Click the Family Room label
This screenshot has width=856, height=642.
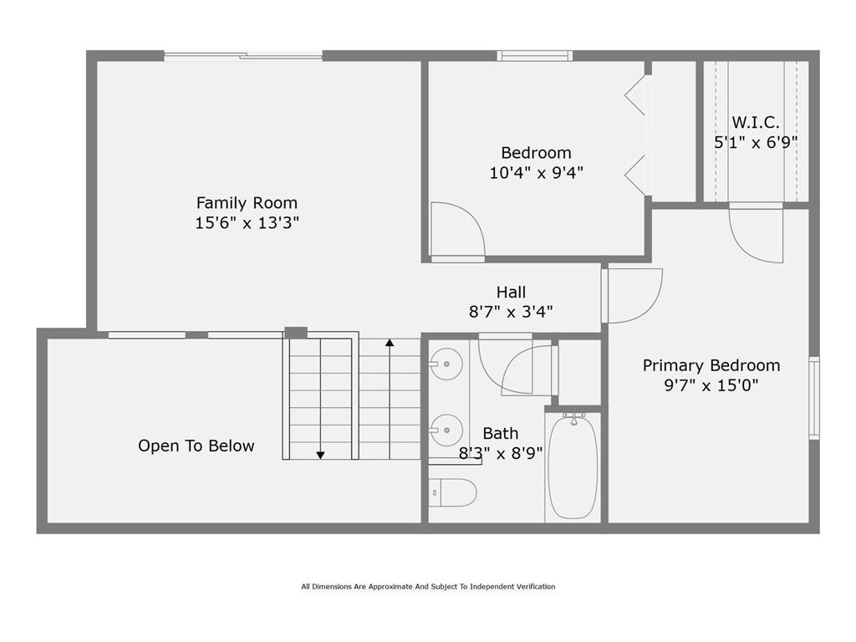pyautogui.click(x=247, y=203)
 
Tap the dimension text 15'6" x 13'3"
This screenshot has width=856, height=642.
pyautogui.click(x=247, y=222)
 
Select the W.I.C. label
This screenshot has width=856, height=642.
pyautogui.click(x=756, y=122)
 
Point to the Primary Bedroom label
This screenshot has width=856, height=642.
pyautogui.click(x=711, y=366)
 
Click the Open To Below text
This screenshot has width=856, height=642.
pyautogui.click(x=196, y=446)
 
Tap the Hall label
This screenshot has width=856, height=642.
pyautogui.click(x=511, y=292)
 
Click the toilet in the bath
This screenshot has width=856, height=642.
pyautogui.click(x=452, y=492)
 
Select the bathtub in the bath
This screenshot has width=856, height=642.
pyautogui.click(x=573, y=465)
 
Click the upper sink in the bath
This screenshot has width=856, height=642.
pyautogui.click(x=446, y=364)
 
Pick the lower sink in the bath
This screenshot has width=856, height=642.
pyautogui.click(x=446, y=431)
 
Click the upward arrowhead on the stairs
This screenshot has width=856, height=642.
pyautogui.click(x=390, y=343)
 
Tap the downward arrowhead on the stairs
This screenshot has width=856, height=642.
pyautogui.click(x=320, y=455)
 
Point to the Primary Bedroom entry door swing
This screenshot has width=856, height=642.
pyautogui.click(x=648, y=307)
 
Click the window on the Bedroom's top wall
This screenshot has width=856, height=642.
pyautogui.click(x=535, y=56)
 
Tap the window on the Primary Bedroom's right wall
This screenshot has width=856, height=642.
pyautogui.click(x=814, y=398)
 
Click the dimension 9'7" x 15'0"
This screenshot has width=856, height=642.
pyautogui.click(x=711, y=385)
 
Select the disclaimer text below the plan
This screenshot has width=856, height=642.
pyautogui.click(x=428, y=587)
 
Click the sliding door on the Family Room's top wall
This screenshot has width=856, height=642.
pyautogui.click(x=243, y=56)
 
